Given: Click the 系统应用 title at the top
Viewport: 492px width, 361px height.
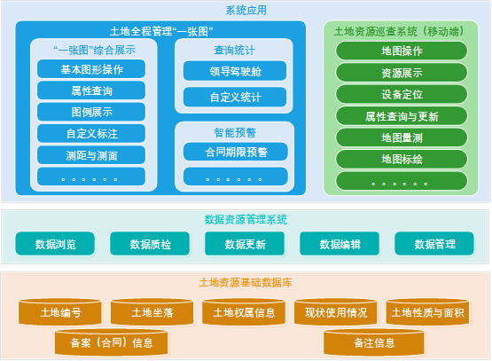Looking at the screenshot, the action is click(246, 11).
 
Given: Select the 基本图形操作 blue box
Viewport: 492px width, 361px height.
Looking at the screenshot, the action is click(91, 69).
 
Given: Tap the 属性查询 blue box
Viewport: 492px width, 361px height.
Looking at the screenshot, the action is click(91, 90).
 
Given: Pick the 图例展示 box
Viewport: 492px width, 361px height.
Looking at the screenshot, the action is click(91, 112).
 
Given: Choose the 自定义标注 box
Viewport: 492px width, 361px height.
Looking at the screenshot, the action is click(91, 134).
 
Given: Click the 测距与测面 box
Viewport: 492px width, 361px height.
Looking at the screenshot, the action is click(91, 155).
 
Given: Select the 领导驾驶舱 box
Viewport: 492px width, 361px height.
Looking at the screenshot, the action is click(235, 71).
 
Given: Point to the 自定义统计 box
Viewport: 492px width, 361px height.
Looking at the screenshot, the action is click(235, 97).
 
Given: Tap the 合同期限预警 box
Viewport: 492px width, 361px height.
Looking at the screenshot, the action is click(236, 152).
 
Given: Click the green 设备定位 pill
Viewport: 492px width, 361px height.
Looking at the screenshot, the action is click(402, 94).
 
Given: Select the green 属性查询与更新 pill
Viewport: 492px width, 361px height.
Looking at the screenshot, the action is click(402, 116).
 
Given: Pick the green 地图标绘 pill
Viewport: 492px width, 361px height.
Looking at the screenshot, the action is click(402, 159).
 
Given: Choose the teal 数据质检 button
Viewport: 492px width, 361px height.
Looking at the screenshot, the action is click(150, 244).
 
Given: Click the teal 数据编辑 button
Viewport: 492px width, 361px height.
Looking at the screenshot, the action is click(340, 244).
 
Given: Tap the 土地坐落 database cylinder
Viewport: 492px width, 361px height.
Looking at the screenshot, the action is click(152, 312).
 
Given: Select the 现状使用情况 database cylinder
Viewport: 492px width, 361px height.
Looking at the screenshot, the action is click(336, 312).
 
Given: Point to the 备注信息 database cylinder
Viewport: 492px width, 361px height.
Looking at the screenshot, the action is click(374, 342).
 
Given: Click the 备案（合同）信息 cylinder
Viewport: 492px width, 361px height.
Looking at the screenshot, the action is click(111, 342).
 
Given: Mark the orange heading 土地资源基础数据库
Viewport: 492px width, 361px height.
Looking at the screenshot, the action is click(246, 283).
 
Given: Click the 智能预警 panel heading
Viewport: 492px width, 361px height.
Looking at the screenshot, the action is click(235, 132).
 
